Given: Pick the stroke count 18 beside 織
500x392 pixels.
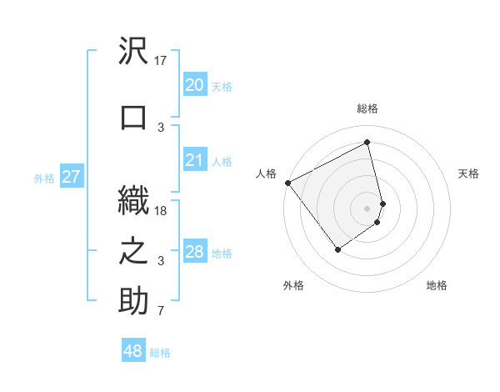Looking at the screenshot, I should click(x=162, y=211).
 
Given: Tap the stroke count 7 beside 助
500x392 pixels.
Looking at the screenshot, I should click(x=161, y=312).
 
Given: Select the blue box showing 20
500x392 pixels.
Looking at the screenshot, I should click(x=194, y=84).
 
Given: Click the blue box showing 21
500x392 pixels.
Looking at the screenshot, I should click(x=194, y=160).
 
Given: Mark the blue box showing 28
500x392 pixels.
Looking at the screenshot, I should click(x=194, y=252).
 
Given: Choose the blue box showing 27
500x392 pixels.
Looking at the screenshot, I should click(x=71, y=177).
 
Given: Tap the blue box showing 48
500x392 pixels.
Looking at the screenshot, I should click(x=133, y=351).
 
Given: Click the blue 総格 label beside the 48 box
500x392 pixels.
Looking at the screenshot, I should click(x=160, y=353).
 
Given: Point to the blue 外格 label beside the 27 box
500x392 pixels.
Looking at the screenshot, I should click(x=44, y=178).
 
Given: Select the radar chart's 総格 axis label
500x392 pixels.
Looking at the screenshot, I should click(x=367, y=108).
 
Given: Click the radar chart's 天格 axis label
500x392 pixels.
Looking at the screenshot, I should click(x=468, y=173).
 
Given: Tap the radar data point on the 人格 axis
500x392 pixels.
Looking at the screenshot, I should click(x=287, y=183).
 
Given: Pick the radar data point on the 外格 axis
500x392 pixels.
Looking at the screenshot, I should click(x=338, y=249).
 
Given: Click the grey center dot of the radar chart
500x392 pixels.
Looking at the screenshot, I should click(x=367, y=208).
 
